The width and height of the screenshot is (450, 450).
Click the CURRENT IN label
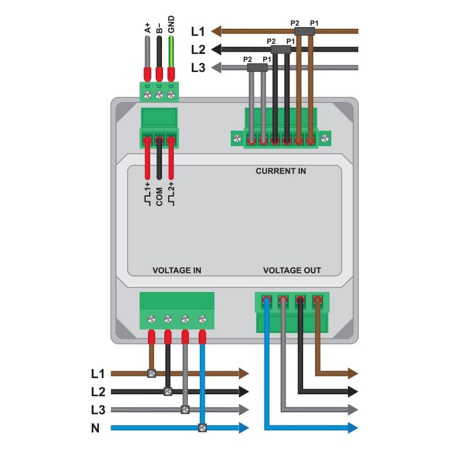(x=281, y=171)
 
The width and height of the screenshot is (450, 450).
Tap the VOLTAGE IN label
(x=177, y=271)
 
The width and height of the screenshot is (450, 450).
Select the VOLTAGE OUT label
(x=292, y=271)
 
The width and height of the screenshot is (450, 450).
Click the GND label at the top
(x=171, y=24)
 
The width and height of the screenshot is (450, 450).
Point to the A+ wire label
(x=147, y=28)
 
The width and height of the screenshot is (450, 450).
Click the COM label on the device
(x=159, y=197)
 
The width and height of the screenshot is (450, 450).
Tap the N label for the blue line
(x=95, y=428)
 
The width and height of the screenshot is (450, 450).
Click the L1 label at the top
(x=198, y=31)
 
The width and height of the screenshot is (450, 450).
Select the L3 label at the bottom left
(x=98, y=410)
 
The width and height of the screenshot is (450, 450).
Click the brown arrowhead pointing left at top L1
(x=216, y=31)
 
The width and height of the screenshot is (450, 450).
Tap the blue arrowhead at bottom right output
(x=353, y=428)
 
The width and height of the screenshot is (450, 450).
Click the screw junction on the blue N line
(x=202, y=428)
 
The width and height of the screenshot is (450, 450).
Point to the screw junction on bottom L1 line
(x=151, y=373)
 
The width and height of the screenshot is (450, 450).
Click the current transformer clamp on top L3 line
(x=257, y=67)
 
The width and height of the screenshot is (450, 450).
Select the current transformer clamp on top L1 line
(x=304, y=31)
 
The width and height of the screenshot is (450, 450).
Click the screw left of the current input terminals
(x=237, y=138)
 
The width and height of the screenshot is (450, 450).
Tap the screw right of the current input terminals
(x=325, y=138)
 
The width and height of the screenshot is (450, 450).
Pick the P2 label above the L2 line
(x=271, y=41)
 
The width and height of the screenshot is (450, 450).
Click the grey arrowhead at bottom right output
(x=353, y=409)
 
